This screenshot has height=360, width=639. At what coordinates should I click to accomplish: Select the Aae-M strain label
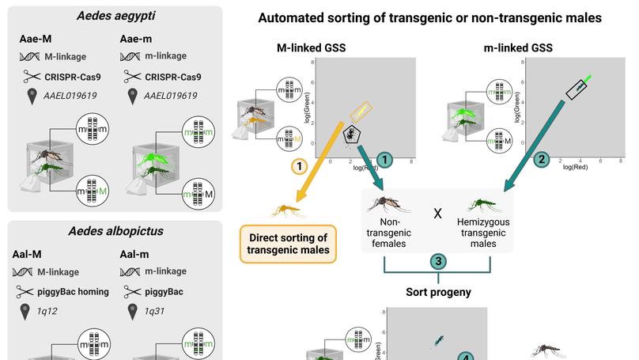pos(36,40)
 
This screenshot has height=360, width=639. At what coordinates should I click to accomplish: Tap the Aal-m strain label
pos(137,255)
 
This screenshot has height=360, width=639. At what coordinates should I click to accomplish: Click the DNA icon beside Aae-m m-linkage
pos(132,57)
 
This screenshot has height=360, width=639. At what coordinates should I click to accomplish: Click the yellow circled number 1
pos(299,166)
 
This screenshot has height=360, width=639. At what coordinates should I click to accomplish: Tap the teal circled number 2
pos(541,159)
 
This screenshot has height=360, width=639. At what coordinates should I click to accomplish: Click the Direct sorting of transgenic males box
pos(288,244)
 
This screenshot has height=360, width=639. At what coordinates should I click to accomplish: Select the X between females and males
pos(437,214)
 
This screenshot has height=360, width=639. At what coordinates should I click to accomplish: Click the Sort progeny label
pos(439,292)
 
